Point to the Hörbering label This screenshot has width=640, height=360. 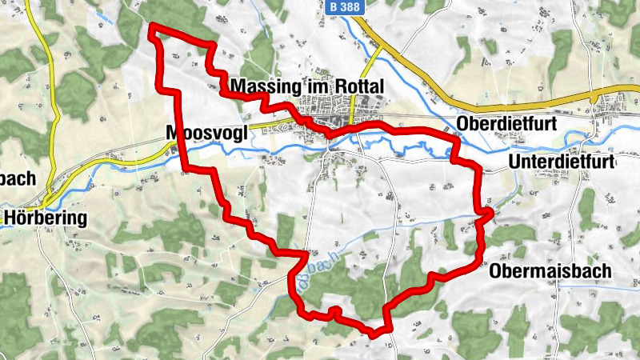tap(46, 218)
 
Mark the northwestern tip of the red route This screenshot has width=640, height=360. tap(152, 28)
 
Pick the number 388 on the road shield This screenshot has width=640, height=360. tap(352, 6)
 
